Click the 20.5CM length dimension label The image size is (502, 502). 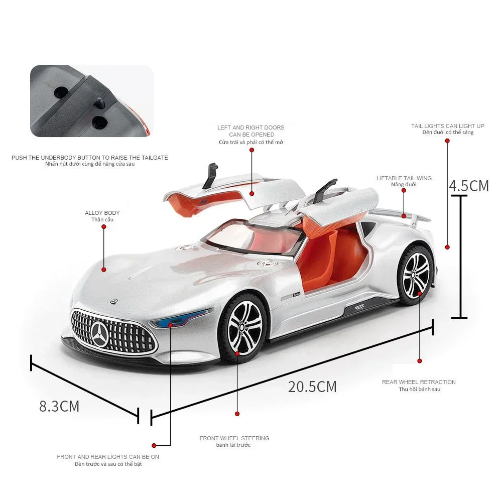click(312, 387)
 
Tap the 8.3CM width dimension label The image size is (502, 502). click(59, 406)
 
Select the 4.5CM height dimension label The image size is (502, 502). click(469, 186)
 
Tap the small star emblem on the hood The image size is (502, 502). click(113, 301)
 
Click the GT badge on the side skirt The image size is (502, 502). click(359, 307)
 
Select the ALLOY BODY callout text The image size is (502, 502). click(102, 212)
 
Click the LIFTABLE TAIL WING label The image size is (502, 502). click(404, 178)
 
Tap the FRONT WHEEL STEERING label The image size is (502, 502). click(234, 438)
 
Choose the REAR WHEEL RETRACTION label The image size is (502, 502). click(419, 382)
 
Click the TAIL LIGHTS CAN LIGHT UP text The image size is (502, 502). click(448, 126)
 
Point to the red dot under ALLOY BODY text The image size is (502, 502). click(104, 227)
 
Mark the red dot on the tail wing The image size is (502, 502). click(404, 216)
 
